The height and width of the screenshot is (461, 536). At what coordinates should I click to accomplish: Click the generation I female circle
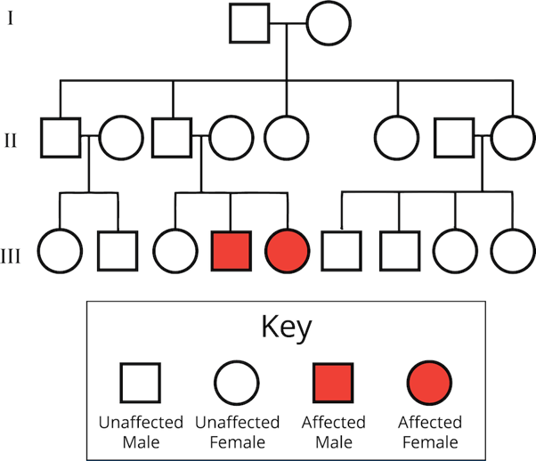tap(329, 24)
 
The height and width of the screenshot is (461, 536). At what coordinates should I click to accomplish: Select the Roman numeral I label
tap(11, 19)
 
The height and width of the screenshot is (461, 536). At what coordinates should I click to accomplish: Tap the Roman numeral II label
tap(11, 139)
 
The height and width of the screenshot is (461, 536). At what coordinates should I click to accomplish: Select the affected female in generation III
tap(288, 250)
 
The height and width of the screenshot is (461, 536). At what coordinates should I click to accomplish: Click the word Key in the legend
tap(286, 328)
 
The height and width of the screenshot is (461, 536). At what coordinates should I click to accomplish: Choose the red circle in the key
tap(429, 384)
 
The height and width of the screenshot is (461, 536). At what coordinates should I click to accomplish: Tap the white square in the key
tap(141, 384)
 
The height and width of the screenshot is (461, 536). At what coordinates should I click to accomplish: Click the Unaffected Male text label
tap(141, 432)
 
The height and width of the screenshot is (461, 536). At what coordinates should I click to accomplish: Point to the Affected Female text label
tap(429, 432)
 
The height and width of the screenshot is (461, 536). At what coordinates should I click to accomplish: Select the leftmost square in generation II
tap(61, 139)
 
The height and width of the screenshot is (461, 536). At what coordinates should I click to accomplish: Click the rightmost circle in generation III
tap(512, 250)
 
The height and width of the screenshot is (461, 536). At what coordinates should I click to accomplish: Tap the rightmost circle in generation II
tap(512, 139)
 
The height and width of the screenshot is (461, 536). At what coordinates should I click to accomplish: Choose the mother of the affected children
tap(231, 139)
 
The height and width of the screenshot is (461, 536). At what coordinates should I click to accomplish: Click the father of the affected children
tap(173, 139)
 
